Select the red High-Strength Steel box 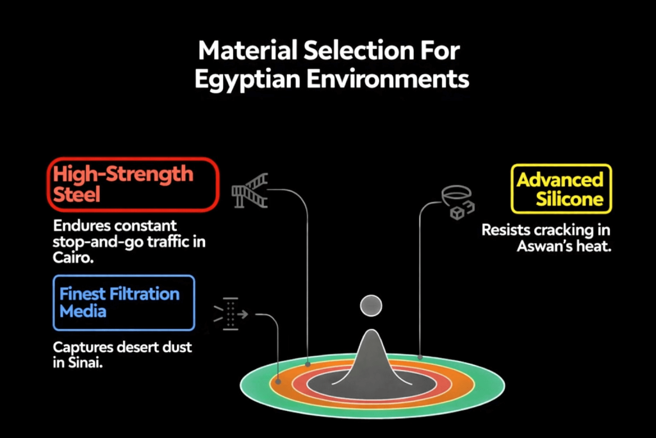pyautogui.click(x=133, y=185)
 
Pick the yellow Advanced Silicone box pyautogui.click(x=561, y=189)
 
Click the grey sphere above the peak pyautogui.click(x=371, y=306)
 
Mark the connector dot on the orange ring pyautogui.click(x=279, y=381)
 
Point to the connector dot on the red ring pyautogui.click(x=308, y=364)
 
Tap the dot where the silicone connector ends pyautogui.click(x=420, y=357)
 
